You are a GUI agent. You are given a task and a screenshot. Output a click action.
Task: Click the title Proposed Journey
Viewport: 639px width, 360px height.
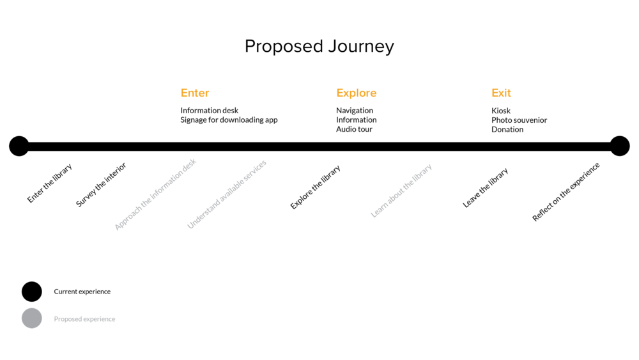point(319,47)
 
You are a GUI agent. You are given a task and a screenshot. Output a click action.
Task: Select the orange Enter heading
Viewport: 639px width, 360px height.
point(195,93)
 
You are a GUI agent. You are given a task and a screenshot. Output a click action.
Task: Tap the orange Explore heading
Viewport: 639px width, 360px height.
point(356,93)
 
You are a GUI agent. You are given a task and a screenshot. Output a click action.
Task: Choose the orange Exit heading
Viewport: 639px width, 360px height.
point(501,93)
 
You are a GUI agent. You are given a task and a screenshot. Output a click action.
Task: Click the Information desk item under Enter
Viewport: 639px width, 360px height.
point(209,111)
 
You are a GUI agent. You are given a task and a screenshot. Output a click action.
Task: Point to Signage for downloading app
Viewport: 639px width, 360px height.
point(229,120)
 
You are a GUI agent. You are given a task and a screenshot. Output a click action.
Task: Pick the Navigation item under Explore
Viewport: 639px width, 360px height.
point(355,111)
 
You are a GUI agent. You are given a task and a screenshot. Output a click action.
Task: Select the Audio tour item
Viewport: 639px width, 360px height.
point(354,129)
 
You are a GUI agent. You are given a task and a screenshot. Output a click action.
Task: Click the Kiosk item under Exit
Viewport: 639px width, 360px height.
point(501,111)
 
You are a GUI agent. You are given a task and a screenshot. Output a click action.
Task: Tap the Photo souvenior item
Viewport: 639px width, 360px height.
point(519,120)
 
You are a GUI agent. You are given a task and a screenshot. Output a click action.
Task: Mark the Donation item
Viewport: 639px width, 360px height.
point(507,129)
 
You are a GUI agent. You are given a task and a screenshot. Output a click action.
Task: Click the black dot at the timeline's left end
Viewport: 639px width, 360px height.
point(19,146)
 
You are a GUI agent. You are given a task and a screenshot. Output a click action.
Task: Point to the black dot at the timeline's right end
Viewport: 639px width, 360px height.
point(620,146)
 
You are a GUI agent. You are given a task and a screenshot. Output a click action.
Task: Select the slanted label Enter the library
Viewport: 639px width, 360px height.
point(50,184)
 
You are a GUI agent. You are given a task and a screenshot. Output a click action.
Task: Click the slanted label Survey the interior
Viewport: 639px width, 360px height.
point(101,185)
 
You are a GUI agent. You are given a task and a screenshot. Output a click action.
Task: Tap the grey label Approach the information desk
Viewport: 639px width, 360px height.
point(155,194)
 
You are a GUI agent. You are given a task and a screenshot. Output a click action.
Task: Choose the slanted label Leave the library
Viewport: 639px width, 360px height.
point(486,188)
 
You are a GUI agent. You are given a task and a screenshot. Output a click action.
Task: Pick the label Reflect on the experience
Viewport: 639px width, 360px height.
point(566,192)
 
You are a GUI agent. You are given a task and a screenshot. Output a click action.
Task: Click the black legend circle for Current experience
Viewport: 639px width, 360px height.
point(32,292)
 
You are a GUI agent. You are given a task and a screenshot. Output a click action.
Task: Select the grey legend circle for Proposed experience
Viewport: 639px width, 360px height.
point(32,318)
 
